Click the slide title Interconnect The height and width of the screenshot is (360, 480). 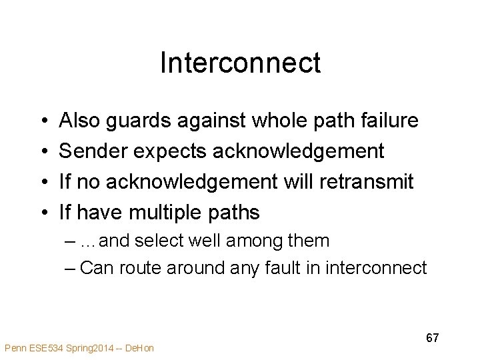240,63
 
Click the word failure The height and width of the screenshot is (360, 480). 390,121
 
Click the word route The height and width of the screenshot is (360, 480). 139,268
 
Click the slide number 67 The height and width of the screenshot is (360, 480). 432,338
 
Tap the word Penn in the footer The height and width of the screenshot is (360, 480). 15,348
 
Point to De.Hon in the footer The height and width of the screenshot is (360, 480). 140,348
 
